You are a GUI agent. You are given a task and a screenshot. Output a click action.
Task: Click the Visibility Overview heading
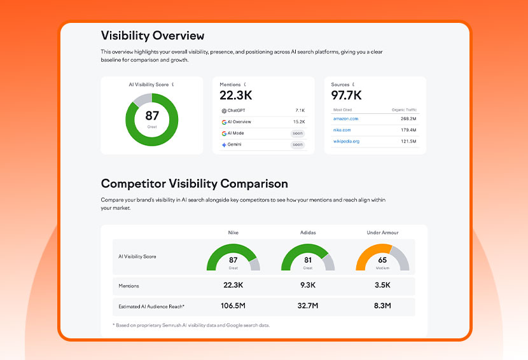pos(153,36)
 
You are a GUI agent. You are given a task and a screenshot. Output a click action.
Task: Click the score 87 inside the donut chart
pos(152,116)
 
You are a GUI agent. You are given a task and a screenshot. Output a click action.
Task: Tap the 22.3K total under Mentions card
pos(235,95)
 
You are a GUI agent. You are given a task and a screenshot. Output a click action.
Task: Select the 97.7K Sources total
pos(347,95)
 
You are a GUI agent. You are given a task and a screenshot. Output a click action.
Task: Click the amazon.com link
pos(345,118)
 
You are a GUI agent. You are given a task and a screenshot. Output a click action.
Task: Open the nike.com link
pos(342,130)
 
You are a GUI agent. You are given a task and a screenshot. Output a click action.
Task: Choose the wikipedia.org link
pos(346,141)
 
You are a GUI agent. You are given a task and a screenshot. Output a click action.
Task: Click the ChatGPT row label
pos(233,111)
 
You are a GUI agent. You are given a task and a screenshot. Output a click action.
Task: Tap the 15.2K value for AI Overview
pos(298,122)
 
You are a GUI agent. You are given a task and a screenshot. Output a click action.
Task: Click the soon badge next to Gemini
pos(297,145)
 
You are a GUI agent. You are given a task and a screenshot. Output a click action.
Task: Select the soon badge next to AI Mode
pos(297,134)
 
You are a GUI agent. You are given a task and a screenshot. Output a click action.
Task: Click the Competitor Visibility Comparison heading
pos(194,184)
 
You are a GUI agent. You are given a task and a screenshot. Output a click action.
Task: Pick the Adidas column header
pos(308,233)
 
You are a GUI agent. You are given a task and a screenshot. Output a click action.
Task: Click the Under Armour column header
pos(382,233)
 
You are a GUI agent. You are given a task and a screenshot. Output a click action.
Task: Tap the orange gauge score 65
pos(382,260)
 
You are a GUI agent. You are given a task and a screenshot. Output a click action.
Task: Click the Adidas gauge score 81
pos(308,260)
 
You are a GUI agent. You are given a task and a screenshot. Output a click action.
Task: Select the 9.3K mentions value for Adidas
pos(308,286)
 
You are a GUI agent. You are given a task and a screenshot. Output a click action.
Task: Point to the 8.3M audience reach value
pos(382,306)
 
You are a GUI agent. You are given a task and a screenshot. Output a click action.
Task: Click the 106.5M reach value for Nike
pos(233,306)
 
